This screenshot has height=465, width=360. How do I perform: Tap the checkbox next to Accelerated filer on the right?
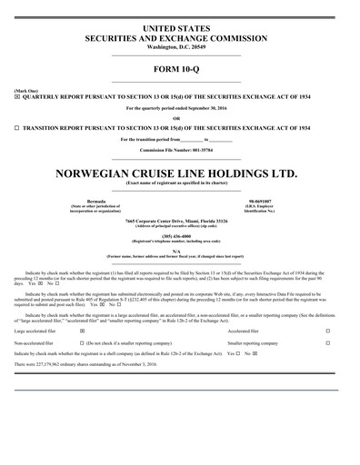[x=327, y=331]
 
